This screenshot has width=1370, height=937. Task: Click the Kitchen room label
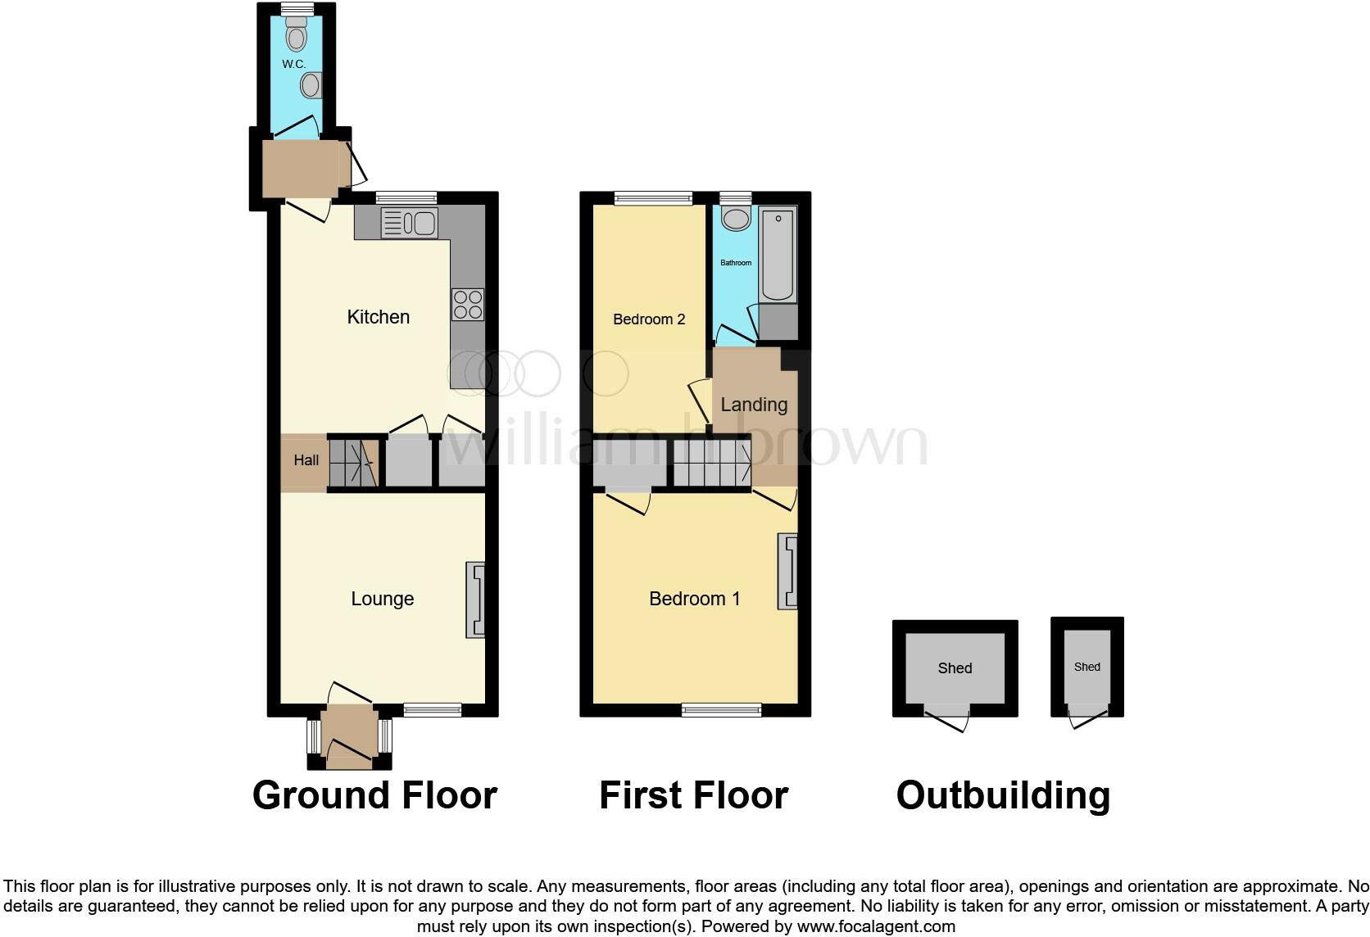378,317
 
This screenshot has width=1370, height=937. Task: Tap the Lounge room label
382,599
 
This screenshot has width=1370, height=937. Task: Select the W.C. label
293,64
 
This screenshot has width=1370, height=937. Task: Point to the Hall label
306,460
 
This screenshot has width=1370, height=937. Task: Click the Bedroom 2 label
649,319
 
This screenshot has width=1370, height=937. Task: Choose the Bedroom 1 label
694,599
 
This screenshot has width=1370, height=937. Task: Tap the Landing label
754,405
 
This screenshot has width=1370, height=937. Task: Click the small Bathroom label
736,263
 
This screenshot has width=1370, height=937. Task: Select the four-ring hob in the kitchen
467,305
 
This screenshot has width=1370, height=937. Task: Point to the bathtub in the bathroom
778,254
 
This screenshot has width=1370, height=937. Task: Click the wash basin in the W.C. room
311,85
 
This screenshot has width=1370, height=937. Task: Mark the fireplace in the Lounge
475,599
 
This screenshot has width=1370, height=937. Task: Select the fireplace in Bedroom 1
787,572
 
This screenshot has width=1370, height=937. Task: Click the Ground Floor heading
374,795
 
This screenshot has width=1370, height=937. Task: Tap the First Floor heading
693,795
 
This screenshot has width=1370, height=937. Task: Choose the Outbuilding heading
1003,795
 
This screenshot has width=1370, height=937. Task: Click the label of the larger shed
955,668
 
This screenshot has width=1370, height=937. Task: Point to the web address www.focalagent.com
876,927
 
